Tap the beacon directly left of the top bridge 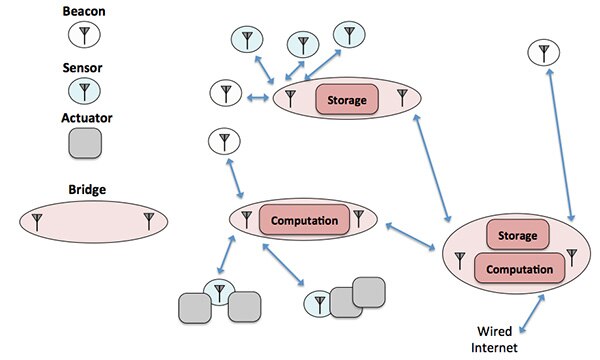[x=225, y=96]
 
